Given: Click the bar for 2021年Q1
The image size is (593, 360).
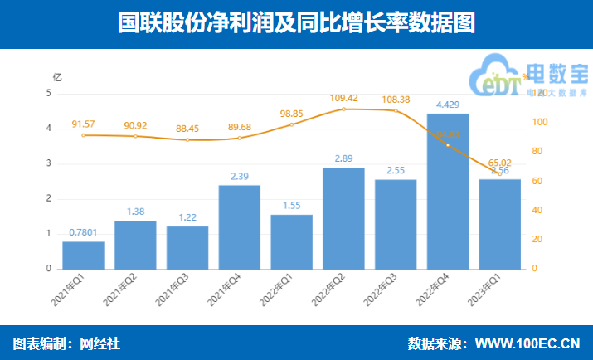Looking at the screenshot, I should point(83,255).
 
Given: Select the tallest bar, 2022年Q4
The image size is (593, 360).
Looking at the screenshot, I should point(448,191).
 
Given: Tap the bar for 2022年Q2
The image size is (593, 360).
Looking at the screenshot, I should point(343,218).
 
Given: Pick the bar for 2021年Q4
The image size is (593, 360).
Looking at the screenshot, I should point(239,226).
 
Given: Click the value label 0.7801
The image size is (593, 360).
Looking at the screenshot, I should point(83,233).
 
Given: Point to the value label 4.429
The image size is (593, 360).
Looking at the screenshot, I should point(448,105).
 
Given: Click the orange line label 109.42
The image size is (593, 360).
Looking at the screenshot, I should point(343,97).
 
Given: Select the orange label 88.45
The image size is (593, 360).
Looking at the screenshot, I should point(187,129).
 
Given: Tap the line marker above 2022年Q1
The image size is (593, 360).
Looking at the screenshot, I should point(291,124).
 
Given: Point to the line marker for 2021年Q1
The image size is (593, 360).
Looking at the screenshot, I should point(83,135).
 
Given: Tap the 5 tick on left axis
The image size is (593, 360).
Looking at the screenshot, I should point(49,94).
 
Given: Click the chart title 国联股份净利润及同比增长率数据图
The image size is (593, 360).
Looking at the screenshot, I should point(296,22).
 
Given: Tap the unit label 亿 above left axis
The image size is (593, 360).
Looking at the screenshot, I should point(57,77).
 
